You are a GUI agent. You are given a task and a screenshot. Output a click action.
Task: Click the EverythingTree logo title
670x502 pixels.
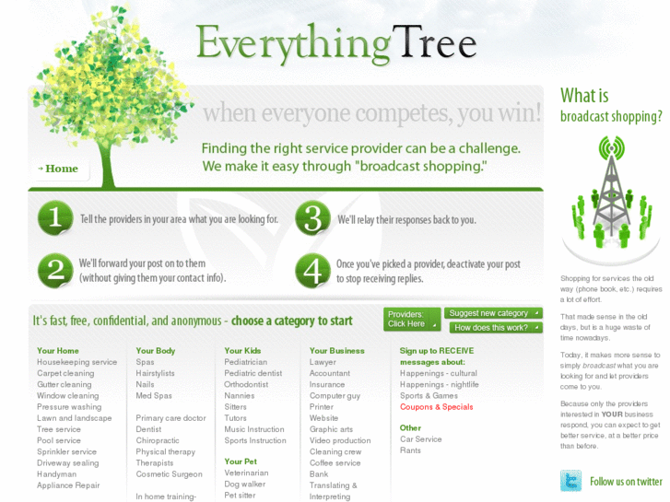[336, 43]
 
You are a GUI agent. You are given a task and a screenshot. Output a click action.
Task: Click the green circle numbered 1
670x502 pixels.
[55, 219]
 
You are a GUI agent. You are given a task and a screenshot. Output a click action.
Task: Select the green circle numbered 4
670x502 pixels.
[312, 270]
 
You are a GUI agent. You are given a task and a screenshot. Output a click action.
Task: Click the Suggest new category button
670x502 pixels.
[492, 313]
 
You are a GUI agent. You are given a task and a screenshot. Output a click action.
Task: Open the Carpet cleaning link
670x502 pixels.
[65, 374]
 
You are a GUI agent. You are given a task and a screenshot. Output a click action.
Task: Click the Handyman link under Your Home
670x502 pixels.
[56, 474]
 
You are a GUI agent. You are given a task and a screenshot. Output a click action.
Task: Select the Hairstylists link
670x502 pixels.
[155, 374]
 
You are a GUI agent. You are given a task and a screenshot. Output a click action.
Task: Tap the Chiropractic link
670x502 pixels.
[158, 441]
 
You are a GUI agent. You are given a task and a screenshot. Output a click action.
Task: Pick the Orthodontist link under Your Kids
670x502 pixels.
[246, 385]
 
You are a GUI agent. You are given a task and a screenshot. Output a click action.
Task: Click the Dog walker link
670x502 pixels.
[244, 484]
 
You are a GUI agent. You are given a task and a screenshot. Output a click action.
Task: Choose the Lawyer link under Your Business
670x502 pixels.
[323, 363]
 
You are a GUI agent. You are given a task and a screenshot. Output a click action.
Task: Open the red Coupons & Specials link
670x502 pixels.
[436, 407]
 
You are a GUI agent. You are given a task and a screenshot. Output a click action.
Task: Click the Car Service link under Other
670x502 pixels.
[420, 439]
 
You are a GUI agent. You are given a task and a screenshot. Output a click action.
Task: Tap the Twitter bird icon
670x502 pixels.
[571, 481]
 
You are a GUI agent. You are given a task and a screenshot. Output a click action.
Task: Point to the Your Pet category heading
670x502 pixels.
[241, 461]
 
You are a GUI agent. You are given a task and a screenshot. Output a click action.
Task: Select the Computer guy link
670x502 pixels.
[335, 396]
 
